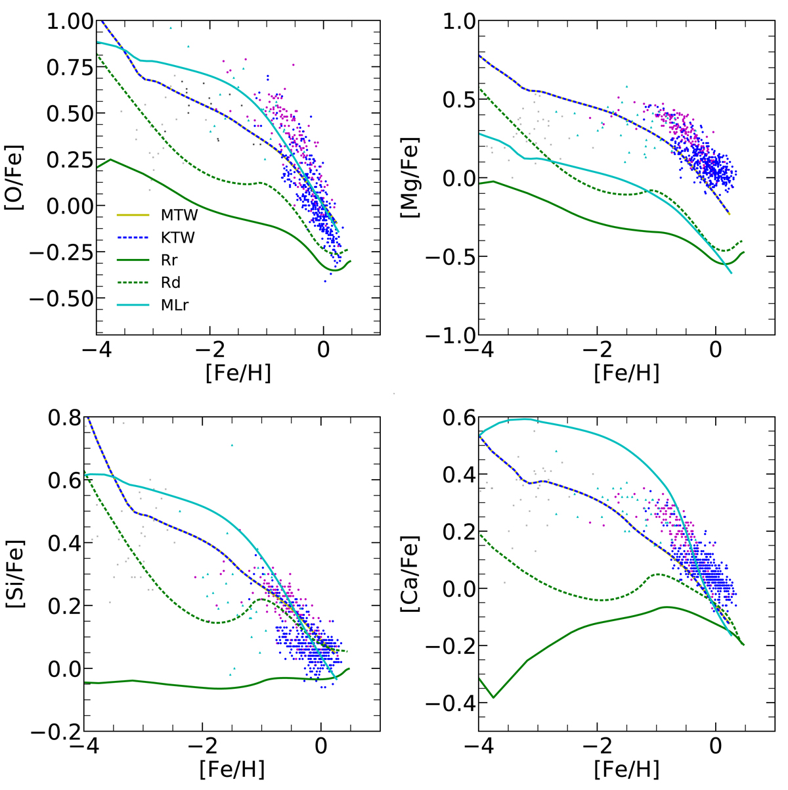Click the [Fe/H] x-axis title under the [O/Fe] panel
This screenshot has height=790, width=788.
[238, 373]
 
